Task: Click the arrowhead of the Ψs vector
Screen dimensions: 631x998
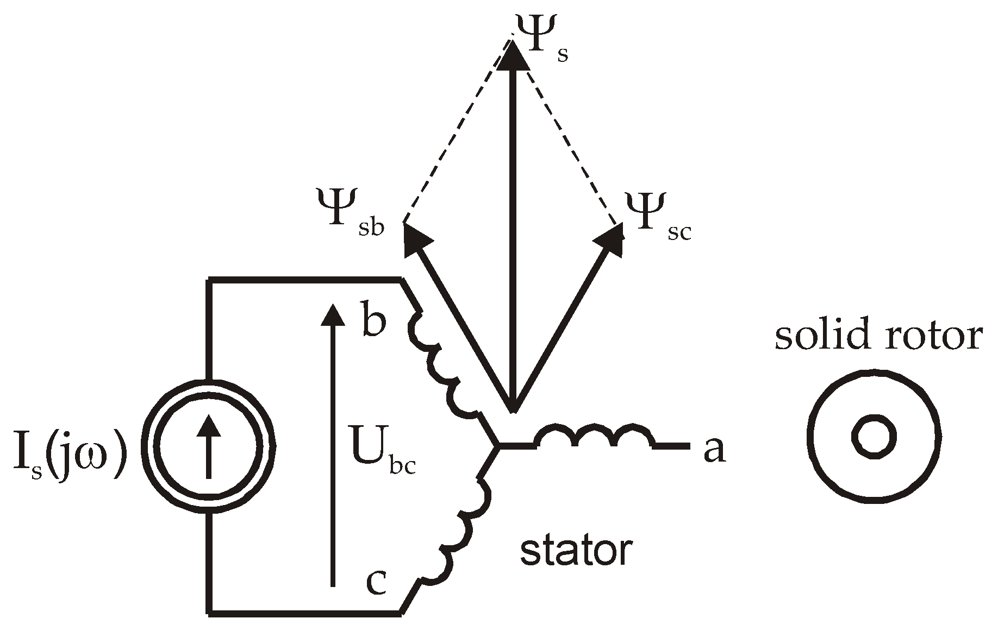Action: point(513,54)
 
